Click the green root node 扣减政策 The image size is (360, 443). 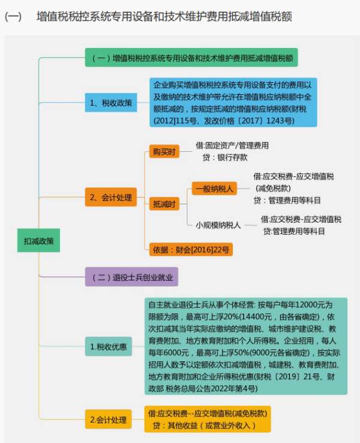click(38, 241)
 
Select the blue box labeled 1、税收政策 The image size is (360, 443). click(111, 103)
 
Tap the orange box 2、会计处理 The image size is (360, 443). click(111, 197)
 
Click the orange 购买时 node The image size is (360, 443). click(164, 151)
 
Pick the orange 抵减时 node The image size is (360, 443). click(164, 203)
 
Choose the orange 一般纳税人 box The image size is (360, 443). click(214, 188)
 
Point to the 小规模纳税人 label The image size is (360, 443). click(218, 225)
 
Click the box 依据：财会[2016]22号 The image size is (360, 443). click(191, 250)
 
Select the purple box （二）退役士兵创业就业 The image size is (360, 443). click(131, 277)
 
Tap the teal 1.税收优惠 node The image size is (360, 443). click(109, 346)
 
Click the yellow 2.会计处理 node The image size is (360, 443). click(109, 419)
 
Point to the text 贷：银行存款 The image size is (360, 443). click(225, 157)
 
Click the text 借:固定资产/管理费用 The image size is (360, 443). click(232, 145)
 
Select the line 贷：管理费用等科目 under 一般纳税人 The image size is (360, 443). click(287, 200)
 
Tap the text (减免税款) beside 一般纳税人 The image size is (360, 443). click(273, 188)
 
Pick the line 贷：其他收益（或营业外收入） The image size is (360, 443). click(204, 425)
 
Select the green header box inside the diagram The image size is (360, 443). click(191, 58)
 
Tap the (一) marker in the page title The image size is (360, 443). click(13, 17)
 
